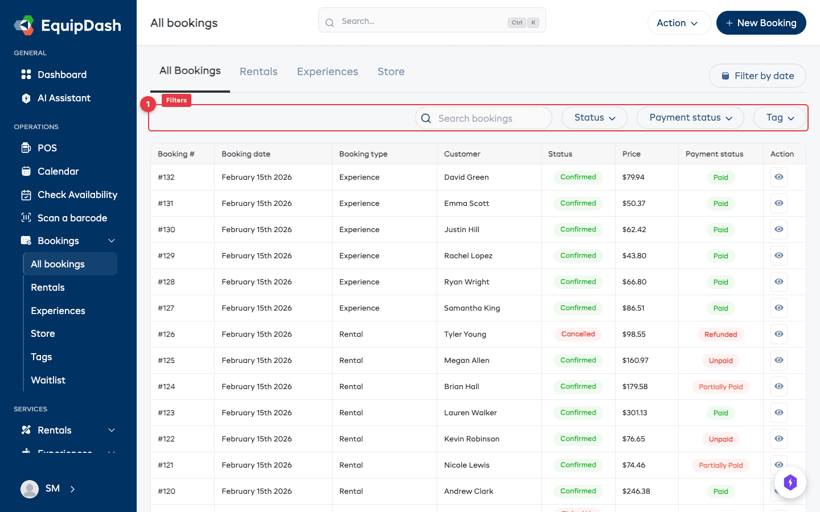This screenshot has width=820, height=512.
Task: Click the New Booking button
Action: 761,23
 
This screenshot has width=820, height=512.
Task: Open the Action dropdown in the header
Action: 678,23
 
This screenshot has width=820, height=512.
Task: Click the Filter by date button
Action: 757,76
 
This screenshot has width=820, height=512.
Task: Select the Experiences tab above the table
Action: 327,72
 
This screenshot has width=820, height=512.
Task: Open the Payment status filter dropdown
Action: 690,118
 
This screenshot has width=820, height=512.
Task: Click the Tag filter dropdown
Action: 780,118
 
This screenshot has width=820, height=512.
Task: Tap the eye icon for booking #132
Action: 778,177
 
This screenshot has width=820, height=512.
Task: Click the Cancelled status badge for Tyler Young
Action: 578,334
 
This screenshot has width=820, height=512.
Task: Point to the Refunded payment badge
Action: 720,335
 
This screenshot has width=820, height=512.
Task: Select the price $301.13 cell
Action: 634,412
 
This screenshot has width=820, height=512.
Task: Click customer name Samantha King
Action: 472,308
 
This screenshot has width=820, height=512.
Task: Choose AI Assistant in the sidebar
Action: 64,98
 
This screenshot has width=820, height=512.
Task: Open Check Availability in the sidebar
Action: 77,195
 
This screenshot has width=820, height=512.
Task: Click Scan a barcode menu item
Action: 72,218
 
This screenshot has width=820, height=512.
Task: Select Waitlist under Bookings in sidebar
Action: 48,380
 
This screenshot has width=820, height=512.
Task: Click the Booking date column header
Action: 246,154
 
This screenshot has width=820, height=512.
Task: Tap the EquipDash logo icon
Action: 24,25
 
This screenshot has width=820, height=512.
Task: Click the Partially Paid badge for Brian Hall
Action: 720,387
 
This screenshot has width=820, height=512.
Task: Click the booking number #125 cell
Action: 166,360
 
